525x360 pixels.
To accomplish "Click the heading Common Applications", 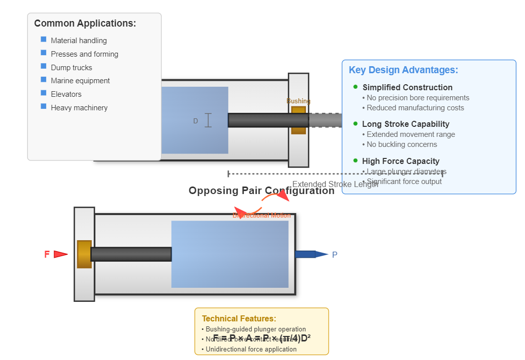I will click(85, 24).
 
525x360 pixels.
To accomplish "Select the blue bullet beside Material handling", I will click(44, 39).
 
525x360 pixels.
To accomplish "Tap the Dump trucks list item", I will click(71, 68).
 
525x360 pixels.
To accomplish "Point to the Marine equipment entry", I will click(80, 81).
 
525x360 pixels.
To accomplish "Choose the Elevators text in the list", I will click(66, 94).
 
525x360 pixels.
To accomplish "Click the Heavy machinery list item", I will click(79, 108).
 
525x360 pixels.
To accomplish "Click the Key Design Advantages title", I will click(403, 70).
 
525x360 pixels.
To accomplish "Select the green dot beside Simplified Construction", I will click(356, 87).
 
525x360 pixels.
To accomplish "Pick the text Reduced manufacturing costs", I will click(415, 108).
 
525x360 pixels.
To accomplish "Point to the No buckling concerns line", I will click(402, 144).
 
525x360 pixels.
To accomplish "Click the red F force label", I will click(47, 254).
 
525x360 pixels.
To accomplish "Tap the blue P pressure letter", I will click(335, 255).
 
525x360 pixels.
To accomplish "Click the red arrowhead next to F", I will click(60, 254).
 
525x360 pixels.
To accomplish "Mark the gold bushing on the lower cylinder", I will click(84, 254).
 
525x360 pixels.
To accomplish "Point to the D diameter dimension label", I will click(196, 121).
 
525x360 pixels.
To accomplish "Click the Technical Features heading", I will click(239, 319).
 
